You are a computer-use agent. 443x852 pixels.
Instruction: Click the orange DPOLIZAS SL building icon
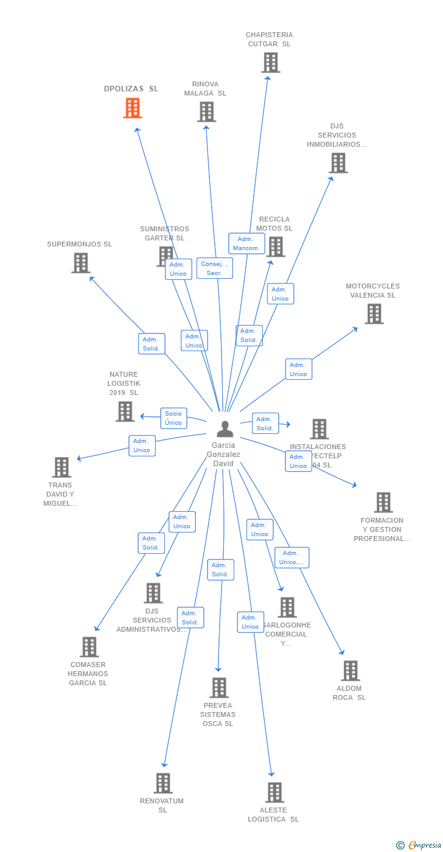click(133, 108)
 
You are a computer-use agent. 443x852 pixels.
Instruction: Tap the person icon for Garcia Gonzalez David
click(225, 429)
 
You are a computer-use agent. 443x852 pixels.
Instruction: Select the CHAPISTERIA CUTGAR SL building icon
click(271, 63)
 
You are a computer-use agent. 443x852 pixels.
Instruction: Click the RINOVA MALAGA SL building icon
click(206, 112)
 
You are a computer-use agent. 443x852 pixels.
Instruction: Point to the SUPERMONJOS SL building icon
click(80, 263)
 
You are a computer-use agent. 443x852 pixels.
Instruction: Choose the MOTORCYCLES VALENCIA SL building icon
click(374, 314)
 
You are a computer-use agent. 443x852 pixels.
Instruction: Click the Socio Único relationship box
click(173, 418)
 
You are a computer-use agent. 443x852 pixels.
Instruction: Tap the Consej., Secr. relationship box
click(214, 268)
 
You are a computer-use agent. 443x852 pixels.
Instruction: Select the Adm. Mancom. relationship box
click(246, 243)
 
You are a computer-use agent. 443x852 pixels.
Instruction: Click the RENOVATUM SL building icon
click(163, 783)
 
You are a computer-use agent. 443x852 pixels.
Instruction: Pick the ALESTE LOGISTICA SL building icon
click(274, 792)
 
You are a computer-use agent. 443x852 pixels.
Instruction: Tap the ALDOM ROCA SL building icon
click(350, 671)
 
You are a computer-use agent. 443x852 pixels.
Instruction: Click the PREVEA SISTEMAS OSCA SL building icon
click(219, 688)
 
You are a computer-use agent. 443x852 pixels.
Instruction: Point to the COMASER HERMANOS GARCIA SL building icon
click(89, 647)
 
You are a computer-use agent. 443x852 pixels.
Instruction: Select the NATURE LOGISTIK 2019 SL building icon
click(125, 411)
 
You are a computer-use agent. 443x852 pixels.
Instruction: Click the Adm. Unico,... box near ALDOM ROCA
click(291, 557)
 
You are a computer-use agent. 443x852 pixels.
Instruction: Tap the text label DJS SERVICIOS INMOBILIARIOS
click(337, 135)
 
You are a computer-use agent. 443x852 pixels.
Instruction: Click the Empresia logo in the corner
click(420, 845)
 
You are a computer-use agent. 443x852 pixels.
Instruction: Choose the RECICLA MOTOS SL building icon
click(276, 246)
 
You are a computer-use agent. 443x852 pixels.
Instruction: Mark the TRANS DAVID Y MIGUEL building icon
click(61, 467)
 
